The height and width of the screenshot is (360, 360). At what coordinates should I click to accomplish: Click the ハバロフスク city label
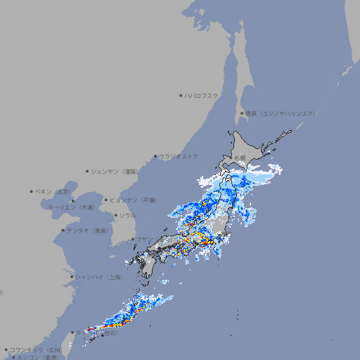pos(201,95)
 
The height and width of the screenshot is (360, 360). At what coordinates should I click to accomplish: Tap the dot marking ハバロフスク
pos(181,95)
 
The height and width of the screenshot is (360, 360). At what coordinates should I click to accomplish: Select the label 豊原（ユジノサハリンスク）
pos(280,113)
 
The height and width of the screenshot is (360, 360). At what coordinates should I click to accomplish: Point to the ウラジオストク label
pos(179,156)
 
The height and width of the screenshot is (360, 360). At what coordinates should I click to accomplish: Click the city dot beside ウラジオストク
pos(155,157)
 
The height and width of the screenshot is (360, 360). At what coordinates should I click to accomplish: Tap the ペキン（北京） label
pos(54,191)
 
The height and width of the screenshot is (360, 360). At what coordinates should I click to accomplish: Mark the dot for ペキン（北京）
pos(32,191)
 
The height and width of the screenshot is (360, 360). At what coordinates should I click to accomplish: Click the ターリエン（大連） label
pos(71,207)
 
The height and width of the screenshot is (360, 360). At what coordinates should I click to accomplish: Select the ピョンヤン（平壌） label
pos(134,200)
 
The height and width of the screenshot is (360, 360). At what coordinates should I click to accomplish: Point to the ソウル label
pos(127,216)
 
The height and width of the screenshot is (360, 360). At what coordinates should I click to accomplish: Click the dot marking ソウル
pos(115,216)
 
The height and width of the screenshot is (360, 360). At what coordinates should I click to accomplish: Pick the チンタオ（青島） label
pos(88,230)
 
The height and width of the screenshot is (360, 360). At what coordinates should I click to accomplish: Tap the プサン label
pos(143,239)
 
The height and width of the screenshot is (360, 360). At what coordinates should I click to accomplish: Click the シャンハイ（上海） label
pos(99,277)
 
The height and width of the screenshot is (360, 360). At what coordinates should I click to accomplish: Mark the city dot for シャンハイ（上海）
pos(72,277)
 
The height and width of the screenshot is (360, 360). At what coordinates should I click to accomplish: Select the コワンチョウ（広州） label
pos(35,349)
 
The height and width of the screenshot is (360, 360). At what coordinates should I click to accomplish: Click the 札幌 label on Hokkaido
pos(240,157)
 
